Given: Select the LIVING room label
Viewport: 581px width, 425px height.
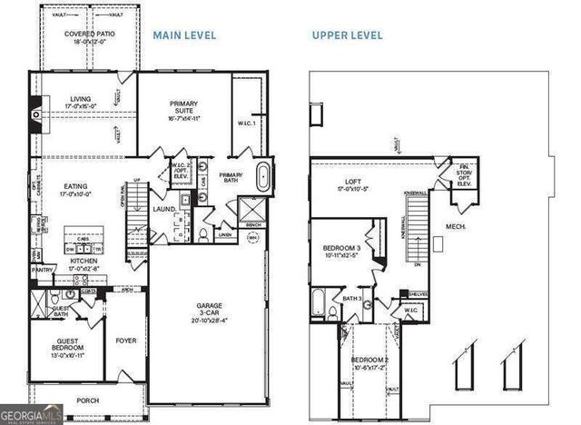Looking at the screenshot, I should (x=80, y=102).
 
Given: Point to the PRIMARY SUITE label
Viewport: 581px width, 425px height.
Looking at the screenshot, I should (x=184, y=108).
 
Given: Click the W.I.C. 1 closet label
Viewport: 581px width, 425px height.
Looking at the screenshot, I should (x=247, y=123).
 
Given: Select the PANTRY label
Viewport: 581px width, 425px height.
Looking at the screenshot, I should (x=41, y=270).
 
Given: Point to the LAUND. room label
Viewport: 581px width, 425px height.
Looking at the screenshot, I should (x=164, y=209).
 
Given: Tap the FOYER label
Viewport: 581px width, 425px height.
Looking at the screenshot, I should (x=125, y=341).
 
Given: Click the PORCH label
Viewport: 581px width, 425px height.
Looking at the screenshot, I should (x=88, y=400).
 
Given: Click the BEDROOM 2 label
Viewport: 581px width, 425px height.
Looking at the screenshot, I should (x=370, y=365).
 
